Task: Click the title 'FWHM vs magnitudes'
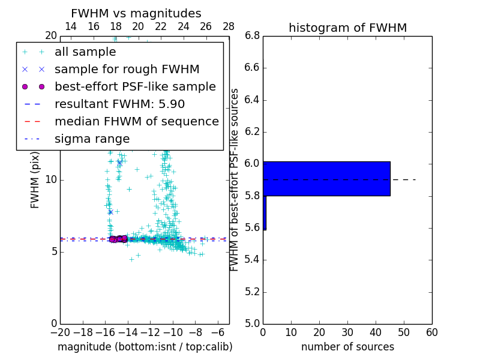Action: click(136, 13)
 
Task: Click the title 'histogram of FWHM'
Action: click(347, 28)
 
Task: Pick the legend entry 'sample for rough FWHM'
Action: click(127, 69)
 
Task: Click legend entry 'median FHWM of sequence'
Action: click(136, 121)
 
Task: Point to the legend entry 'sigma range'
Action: click(92, 139)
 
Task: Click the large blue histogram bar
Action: click(326, 178)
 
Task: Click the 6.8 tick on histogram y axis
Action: click(251, 36)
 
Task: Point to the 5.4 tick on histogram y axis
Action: click(251, 260)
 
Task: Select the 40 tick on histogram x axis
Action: click(376, 332)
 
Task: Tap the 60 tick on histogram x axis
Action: click(432, 332)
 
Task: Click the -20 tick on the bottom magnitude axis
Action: click(60, 332)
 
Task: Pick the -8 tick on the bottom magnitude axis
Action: click(196, 332)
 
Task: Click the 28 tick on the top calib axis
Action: click(229, 26)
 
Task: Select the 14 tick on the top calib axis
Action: click(70, 26)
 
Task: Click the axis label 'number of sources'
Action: click(347, 347)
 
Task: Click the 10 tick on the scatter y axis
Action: click(50, 179)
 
